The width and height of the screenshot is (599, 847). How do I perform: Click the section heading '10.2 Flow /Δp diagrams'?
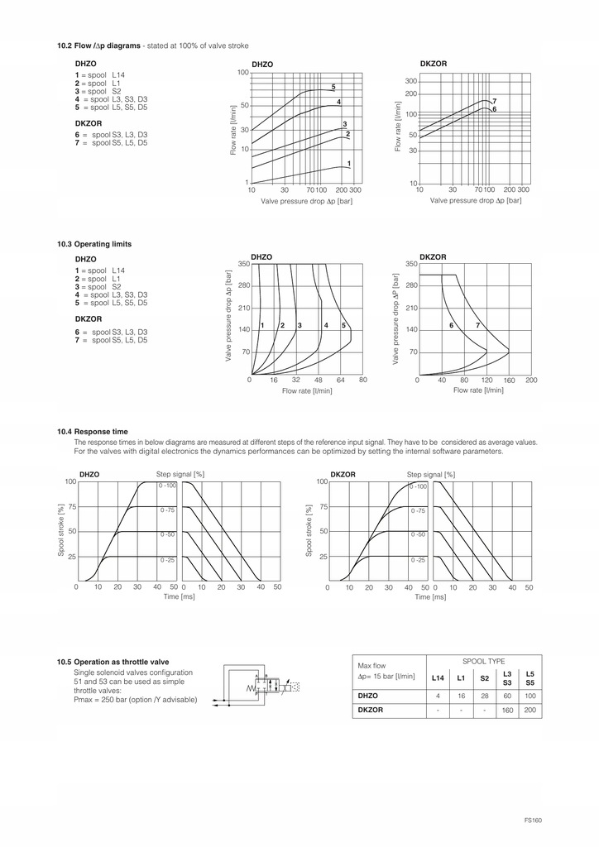click(98, 45)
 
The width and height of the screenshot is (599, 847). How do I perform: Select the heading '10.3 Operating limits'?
click(94, 244)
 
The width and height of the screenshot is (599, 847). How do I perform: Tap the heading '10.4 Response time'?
click(92, 431)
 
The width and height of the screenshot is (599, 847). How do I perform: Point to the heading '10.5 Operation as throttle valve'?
click(113, 662)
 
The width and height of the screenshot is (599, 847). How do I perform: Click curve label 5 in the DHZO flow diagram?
click(333, 87)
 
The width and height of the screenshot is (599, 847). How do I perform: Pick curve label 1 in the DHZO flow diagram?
click(349, 163)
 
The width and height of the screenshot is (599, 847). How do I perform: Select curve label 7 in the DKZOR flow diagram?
click(494, 101)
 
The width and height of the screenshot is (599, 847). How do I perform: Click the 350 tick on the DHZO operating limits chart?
click(243, 264)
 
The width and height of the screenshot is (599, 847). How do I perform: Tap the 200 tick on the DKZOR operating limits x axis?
click(531, 380)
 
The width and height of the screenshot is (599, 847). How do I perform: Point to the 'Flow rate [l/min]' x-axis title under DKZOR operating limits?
click(478, 390)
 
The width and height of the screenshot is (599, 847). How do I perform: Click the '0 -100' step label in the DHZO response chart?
click(168, 486)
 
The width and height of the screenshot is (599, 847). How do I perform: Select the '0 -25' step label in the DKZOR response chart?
click(419, 560)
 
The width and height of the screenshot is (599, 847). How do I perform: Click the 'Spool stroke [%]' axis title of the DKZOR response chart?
click(309, 529)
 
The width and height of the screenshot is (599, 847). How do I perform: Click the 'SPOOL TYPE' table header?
click(484, 663)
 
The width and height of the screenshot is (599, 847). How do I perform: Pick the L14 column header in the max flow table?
click(438, 678)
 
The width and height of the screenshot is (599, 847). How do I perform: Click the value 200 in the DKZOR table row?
click(530, 711)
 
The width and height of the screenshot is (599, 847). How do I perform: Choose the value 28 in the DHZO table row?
click(484, 696)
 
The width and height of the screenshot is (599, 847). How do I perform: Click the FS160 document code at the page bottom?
click(532, 820)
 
